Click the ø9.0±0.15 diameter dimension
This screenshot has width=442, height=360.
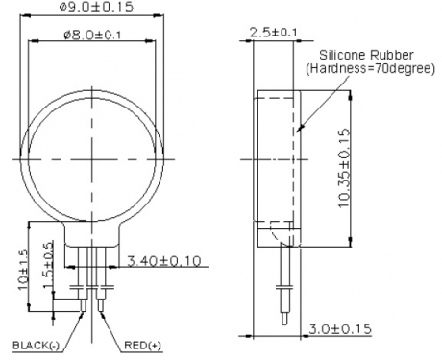(96, 7)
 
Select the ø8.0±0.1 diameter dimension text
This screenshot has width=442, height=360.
(92, 35)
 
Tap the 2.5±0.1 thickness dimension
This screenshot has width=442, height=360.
(273, 32)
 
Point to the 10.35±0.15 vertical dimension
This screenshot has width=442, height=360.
(344, 168)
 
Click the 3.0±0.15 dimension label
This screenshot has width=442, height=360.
(340, 329)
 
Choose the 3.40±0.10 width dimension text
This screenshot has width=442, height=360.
(164, 261)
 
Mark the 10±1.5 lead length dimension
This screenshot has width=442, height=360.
(23, 269)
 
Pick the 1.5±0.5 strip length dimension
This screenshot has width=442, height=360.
(48, 265)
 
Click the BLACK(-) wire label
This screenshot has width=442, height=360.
(36, 346)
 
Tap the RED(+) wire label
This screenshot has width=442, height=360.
(142, 346)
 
